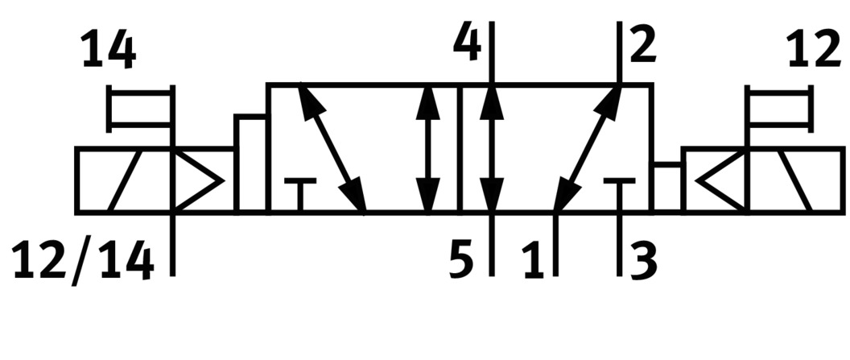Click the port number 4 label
point(468,42)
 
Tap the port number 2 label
point(643,43)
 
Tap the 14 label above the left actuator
point(109,50)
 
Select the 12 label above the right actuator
point(815,50)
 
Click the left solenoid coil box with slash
point(124,180)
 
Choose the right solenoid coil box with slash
point(796,180)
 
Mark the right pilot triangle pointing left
point(720,180)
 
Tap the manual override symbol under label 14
point(141,109)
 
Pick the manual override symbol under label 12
point(779,109)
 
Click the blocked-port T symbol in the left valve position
point(299,193)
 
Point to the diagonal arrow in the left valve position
point(332,147)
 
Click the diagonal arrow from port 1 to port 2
point(588,147)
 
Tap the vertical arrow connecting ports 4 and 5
point(492,147)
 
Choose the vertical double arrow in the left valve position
point(428,147)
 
